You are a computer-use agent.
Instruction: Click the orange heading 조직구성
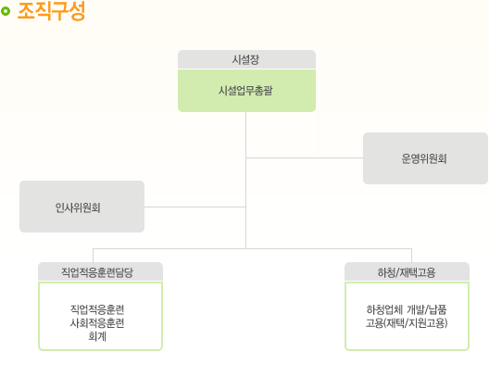click(51, 11)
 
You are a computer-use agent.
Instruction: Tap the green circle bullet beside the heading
click(6, 11)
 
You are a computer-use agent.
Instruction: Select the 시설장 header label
click(245, 59)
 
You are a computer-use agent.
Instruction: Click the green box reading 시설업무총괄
click(246, 91)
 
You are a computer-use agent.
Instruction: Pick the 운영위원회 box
click(425, 158)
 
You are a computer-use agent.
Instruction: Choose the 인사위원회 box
click(82, 207)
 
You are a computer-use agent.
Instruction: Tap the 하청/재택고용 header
click(407, 272)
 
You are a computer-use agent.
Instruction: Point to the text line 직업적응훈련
click(97, 309)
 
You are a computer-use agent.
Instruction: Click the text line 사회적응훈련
click(97, 322)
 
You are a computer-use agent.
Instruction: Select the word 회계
click(97, 336)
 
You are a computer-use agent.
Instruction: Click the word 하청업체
click(384, 309)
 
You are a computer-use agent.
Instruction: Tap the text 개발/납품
click(427, 309)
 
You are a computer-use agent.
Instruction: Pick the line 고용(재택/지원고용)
click(407, 323)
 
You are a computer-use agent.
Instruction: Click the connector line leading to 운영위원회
click(305, 157)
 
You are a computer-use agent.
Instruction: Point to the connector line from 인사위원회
click(194, 207)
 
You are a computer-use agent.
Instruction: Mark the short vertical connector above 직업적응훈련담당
click(93, 256)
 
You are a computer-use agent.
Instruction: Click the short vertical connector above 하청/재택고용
click(411, 256)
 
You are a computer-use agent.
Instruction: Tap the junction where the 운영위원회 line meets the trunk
click(246, 157)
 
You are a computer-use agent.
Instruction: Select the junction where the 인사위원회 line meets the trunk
click(245, 207)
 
